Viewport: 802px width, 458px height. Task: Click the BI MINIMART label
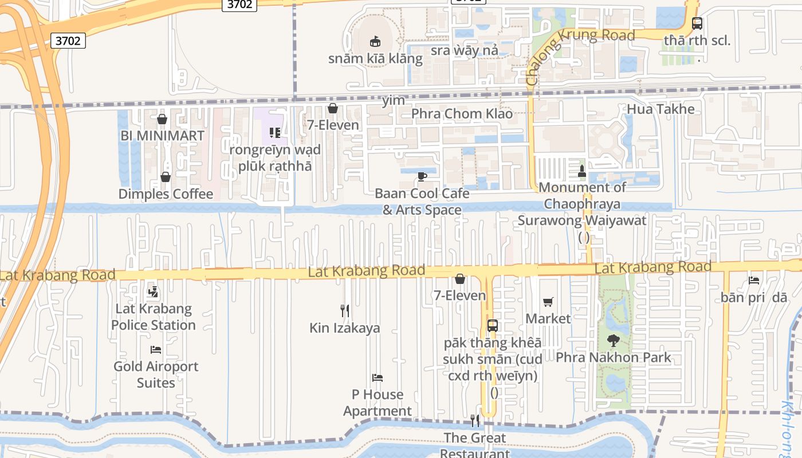coord(162,136)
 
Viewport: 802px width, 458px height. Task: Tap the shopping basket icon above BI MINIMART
coord(162,119)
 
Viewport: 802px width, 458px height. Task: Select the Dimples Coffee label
coord(166,194)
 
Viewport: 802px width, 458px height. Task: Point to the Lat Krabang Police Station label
coord(154,317)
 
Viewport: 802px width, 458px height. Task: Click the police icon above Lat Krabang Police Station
coord(152,292)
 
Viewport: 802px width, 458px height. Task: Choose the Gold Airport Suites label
coord(156,374)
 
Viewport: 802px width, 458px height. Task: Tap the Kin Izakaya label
coord(345,328)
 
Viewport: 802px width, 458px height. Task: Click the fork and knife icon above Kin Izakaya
coord(345,311)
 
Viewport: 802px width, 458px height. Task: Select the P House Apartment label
coord(378,402)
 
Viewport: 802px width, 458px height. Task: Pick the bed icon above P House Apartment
coord(378,378)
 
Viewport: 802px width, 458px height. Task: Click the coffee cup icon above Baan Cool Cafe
coord(422,176)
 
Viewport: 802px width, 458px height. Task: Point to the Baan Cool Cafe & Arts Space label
coord(422,202)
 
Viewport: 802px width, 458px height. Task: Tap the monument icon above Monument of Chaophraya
coord(582,171)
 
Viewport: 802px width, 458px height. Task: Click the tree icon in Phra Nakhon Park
coord(614,341)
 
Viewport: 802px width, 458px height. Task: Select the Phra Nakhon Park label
coord(614,358)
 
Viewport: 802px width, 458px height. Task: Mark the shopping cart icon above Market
coord(548,302)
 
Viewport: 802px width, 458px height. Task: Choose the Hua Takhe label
coord(661,109)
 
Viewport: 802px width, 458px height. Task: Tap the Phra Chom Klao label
coord(462,113)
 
